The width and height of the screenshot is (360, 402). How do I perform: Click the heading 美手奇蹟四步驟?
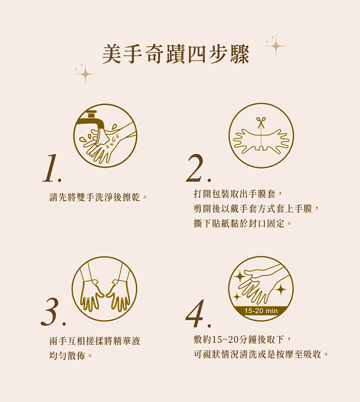pyautogui.click(x=176, y=54)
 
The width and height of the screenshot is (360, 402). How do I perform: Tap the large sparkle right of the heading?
pyautogui.click(x=276, y=46)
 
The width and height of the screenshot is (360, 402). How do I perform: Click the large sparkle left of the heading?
pyautogui.click(x=85, y=74)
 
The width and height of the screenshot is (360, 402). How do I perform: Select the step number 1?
pyautogui.click(x=50, y=169)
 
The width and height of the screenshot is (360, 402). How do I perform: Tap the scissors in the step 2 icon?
pyautogui.click(x=261, y=122)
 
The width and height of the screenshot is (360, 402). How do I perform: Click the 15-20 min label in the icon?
pyautogui.click(x=261, y=311)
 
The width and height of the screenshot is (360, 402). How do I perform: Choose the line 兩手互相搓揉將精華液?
pyautogui.click(x=95, y=341)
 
